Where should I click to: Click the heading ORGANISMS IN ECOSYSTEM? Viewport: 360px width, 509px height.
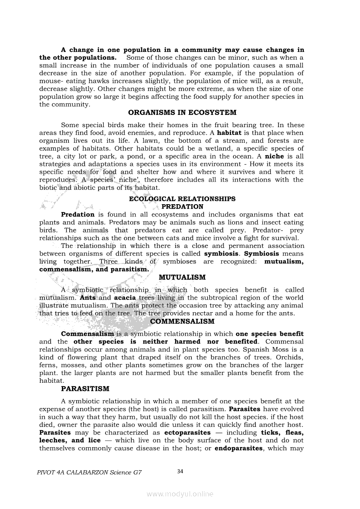coord(182,112)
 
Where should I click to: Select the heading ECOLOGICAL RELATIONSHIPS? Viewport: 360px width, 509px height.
coord(182,199)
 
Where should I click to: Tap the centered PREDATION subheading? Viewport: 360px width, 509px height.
coord(182,206)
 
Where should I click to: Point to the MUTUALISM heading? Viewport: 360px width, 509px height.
coord(182,277)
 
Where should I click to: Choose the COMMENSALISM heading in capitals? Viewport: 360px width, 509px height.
coord(182,321)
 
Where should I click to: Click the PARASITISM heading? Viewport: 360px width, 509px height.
coord(85,388)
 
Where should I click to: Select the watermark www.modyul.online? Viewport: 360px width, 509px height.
coord(180,494)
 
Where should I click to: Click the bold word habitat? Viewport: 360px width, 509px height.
coord(230,133)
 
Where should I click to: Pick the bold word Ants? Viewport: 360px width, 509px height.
coord(88,298)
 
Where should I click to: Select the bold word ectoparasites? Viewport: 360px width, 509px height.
coord(187,433)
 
